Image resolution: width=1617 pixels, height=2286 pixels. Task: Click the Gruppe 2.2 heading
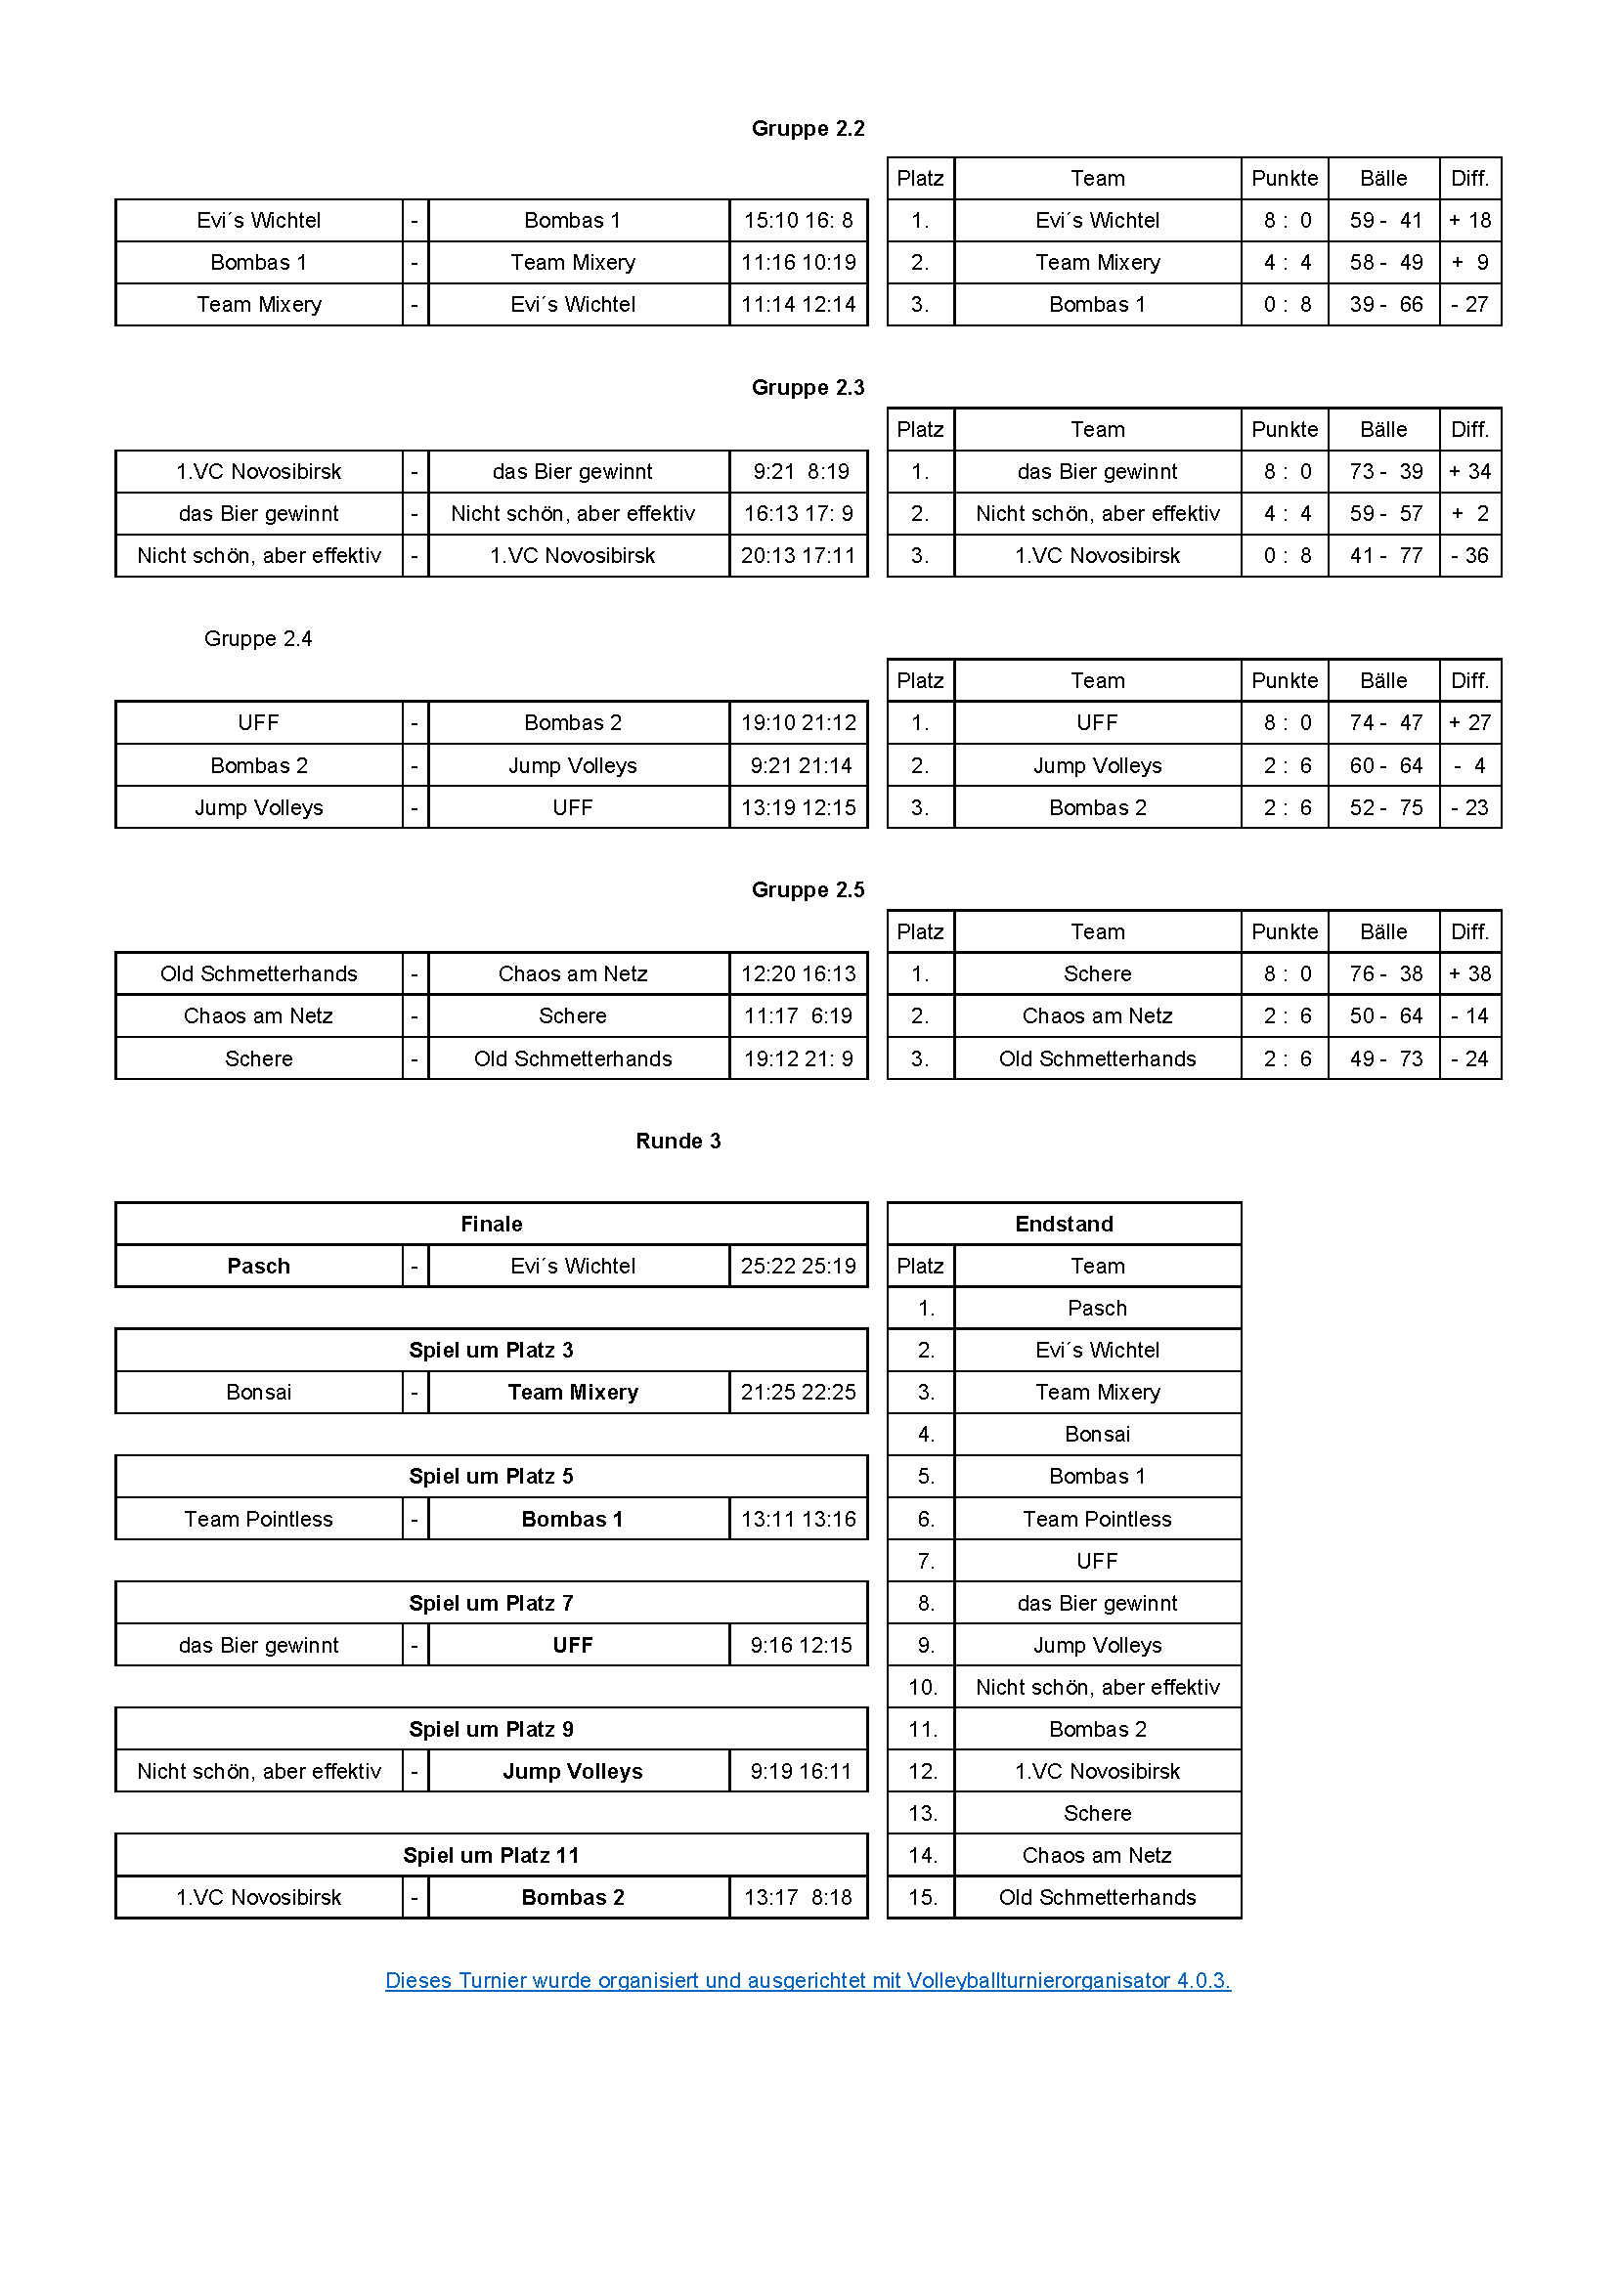click(808, 128)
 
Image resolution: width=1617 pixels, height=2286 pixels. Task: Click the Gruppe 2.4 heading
click(258, 638)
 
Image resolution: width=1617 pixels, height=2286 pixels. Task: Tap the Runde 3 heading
click(678, 1141)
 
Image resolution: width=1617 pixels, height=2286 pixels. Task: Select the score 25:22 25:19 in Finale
click(798, 1266)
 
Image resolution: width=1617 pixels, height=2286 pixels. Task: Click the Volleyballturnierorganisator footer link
click(808, 1980)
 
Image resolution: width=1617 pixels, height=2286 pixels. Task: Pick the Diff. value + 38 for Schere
click(1469, 973)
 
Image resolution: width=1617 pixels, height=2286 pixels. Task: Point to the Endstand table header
click(1064, 1224)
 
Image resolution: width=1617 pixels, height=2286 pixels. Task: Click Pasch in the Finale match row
click(259, 1266)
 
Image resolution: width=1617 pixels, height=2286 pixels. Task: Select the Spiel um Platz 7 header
click(491, 1603)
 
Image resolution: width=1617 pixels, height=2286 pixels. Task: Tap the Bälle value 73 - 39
click(1385, 471)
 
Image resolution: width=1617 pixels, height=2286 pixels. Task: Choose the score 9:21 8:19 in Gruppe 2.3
click(800, 471)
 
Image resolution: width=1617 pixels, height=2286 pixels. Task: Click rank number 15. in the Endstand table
click(922, 1897)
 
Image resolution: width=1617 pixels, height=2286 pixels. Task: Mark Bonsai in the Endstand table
click(1097, 1434)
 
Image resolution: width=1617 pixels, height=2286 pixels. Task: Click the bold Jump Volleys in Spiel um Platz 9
click(573, 1771)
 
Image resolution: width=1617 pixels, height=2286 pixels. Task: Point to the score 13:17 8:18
click(798, 1897)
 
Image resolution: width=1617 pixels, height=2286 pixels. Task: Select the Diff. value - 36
click(1469, 555)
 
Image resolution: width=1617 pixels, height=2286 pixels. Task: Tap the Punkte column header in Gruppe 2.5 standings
click(1285, 932)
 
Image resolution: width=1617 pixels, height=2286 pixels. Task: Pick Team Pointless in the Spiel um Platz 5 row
click(259, 1519)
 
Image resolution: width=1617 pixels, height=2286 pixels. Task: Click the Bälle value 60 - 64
click(1385, 765)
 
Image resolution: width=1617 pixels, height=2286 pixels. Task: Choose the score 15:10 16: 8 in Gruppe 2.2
click(798, 220)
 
